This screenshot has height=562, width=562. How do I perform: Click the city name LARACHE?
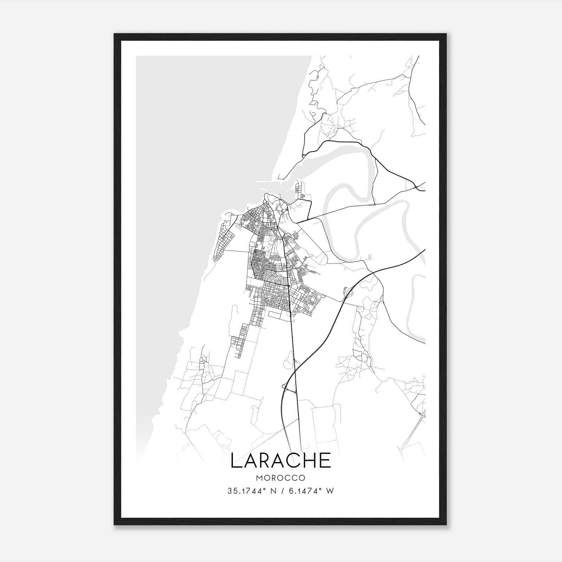[281, 460]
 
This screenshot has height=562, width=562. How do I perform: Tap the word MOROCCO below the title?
[281, 478]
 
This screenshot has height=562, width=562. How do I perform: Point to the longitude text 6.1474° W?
[311, 491]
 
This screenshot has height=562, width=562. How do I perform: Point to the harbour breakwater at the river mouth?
[269, 182]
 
